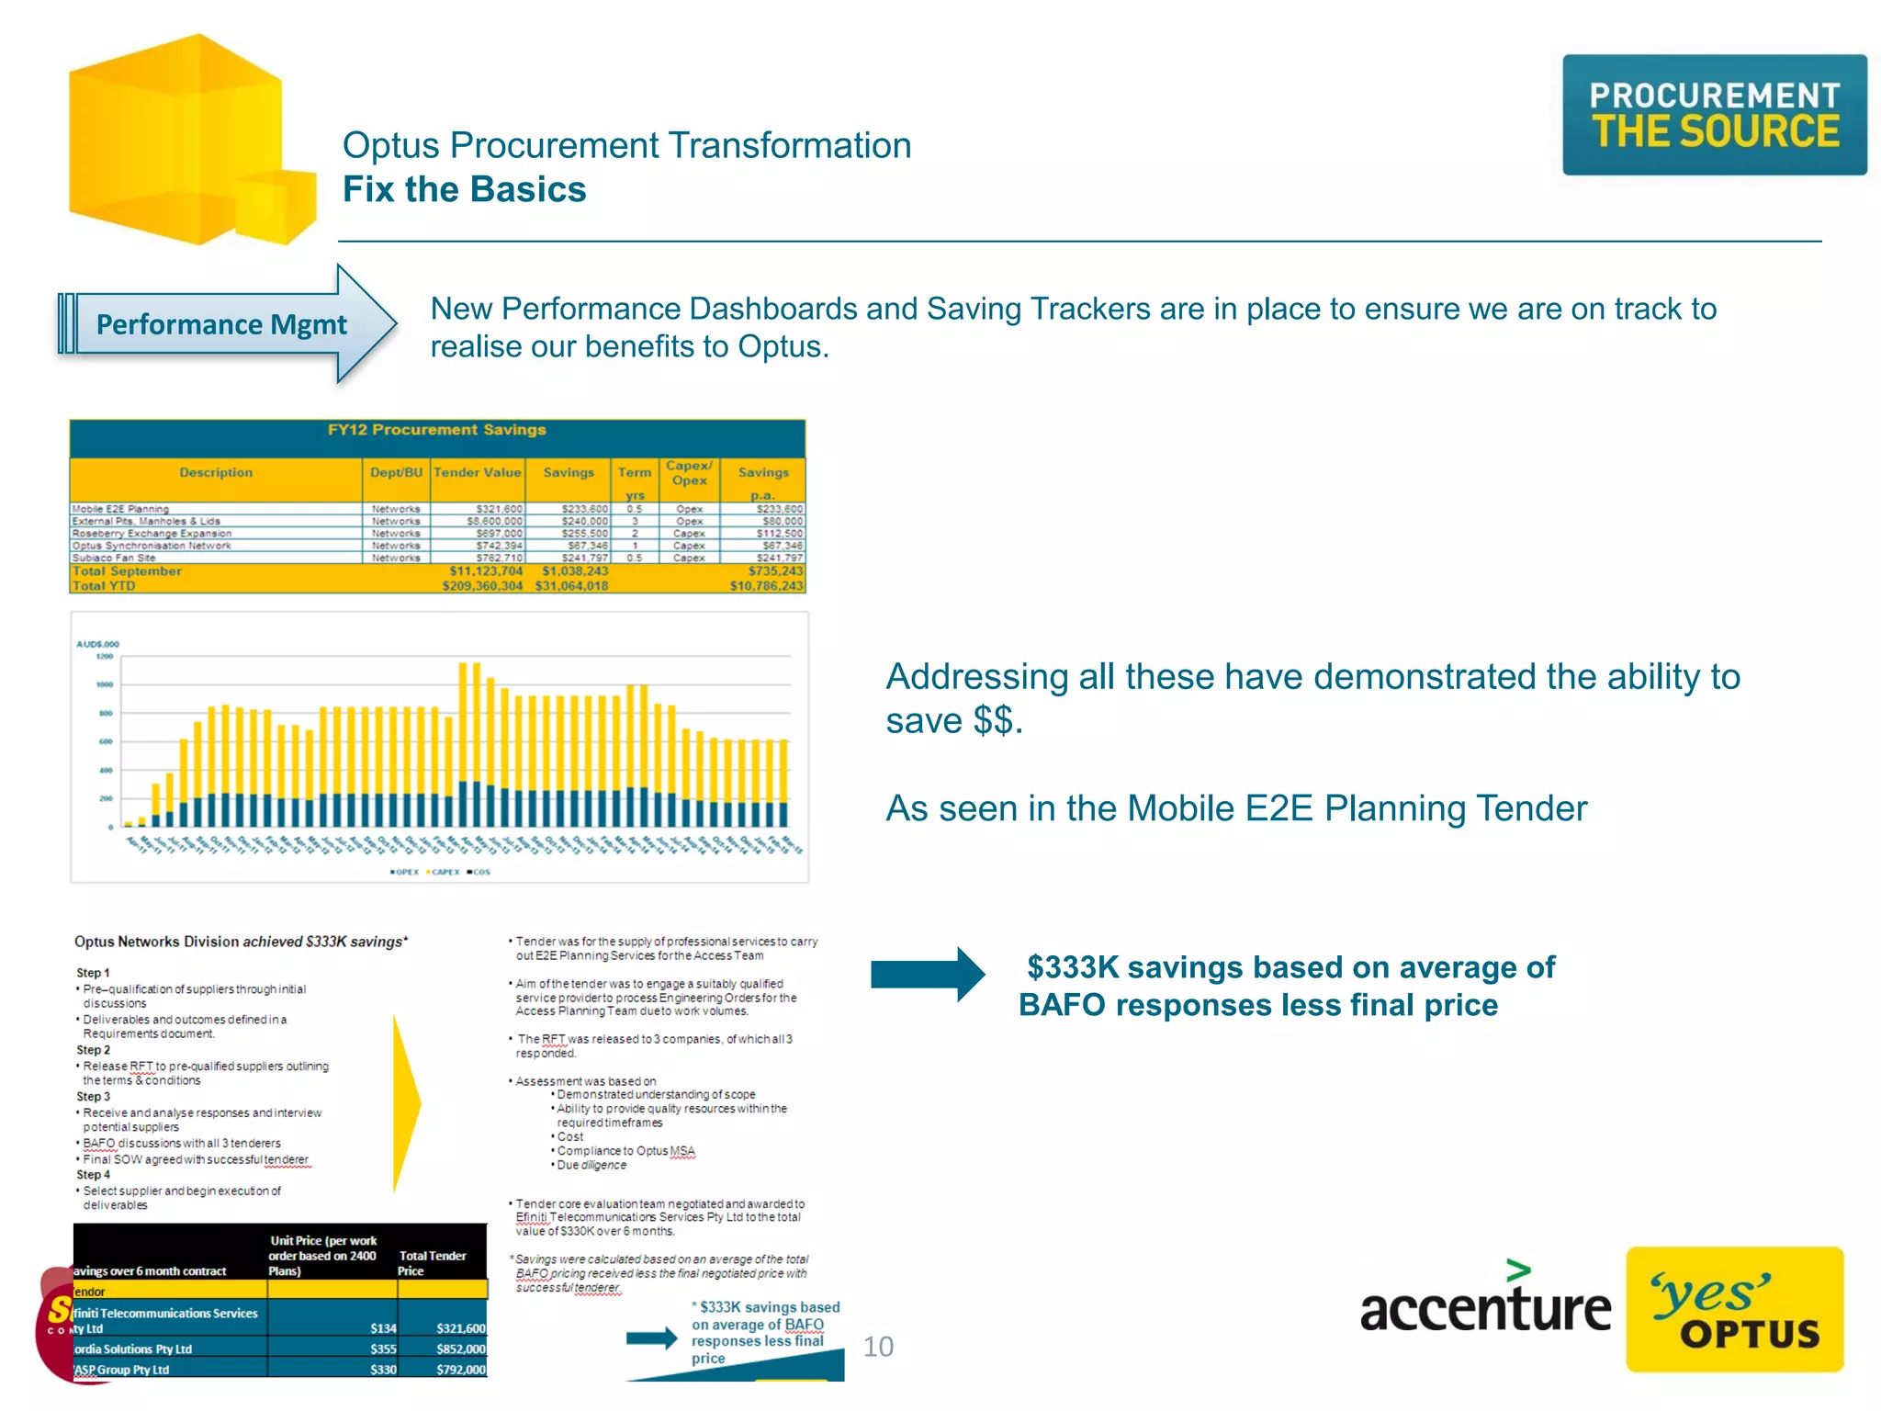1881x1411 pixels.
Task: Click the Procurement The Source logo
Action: pos(1714,115)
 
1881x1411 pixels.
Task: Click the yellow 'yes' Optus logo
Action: pos(1734,1309)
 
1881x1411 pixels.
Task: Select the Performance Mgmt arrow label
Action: pos(221,324)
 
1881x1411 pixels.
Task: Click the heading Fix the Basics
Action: pos(464,189)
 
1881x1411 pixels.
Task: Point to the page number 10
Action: pos(878,1347)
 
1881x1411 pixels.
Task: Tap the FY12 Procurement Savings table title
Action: pos(437,430)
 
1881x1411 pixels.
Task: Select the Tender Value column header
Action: pos(477,472)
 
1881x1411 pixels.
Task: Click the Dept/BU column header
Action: pos(396,472)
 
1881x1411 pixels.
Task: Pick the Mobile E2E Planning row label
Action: pos(120,509)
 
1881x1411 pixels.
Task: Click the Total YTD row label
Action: pos(104,586)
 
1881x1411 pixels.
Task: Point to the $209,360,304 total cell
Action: pos(482,586)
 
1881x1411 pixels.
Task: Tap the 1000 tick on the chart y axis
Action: pos(105,684)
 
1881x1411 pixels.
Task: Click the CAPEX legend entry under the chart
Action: pos(444,872)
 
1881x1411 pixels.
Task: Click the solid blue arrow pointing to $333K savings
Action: pos(927,974)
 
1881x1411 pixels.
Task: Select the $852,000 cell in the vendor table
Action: pos(461,1349)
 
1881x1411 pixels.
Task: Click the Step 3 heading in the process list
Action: pos(93,1097)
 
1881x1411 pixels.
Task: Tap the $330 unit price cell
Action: pos(383,1370)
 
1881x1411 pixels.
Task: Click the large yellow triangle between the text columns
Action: pos(405,1102)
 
